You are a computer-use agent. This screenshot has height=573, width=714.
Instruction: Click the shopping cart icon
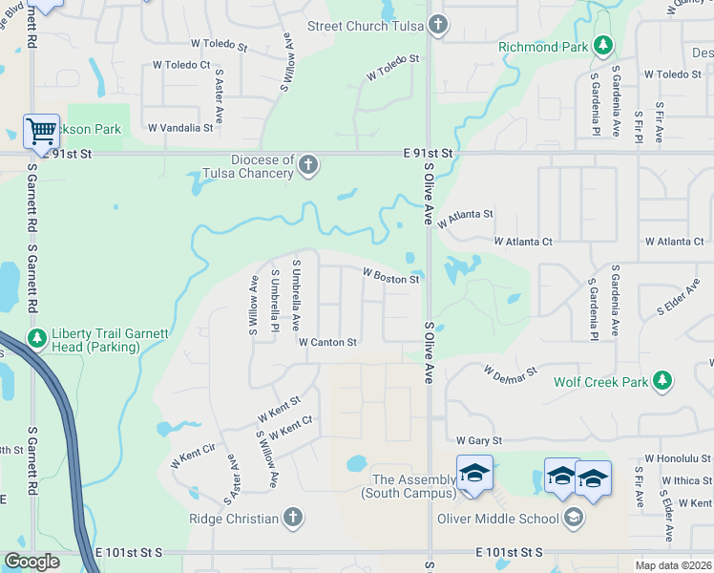tap(40, 131)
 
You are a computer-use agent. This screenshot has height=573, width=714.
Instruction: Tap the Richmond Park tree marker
tap(602, 45)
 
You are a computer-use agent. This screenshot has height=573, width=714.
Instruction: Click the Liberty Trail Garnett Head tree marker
tap(37, 338)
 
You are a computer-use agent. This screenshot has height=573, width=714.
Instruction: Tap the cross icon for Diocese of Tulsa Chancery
tap(307, 166)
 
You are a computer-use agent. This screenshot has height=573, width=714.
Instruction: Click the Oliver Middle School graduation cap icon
tap(574, 519)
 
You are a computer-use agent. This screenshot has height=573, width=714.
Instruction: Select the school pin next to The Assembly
tap(474, 473)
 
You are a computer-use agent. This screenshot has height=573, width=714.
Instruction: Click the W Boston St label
tap(390, 276)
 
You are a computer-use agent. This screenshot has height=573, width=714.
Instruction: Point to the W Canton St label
tap(327, 341)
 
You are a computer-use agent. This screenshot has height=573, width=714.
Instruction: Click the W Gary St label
tap(478, 440)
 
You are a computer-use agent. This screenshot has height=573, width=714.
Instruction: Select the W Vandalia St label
tap(180, 127)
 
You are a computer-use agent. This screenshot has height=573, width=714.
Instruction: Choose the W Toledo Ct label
tap(180, 65)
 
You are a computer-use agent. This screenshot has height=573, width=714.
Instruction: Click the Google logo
tap(31, 562)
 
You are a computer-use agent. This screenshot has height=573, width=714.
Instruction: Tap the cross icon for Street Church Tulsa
tap(437, 25)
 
